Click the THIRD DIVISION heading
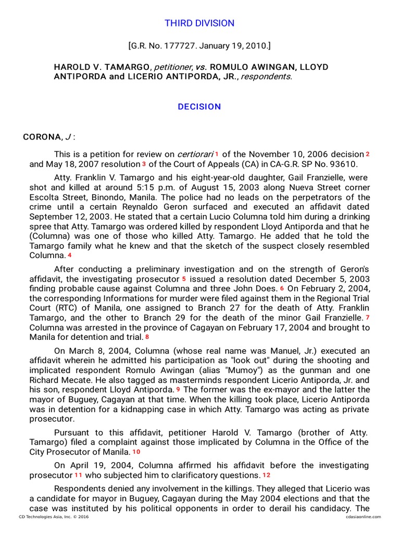click(199, 23)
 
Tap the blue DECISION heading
click(199, 107)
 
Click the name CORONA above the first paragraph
click(41, 137)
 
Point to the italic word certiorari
click(195, 155)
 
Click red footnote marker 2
click(368, 154)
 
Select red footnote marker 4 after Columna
click(69, 255)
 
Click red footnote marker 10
click(136, 452)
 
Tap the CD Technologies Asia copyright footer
click(53, 517)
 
